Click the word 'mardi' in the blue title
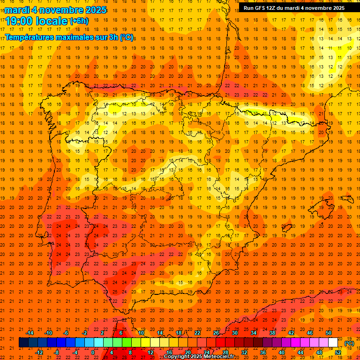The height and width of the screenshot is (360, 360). click(x=17, y=10)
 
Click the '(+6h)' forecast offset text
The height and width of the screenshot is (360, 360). click(x=79, y=21)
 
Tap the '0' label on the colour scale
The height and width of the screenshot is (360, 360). click(x=93, y=352)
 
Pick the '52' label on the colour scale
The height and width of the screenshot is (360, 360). click(x=338, y=352)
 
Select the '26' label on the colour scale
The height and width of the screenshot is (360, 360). click(x=216, y=333)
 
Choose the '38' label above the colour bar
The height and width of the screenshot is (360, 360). click(x=272, y=333)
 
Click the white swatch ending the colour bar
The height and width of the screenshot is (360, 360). click(x=333, y=343)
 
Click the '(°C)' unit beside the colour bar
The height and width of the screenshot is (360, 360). click(x=349, y=343)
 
